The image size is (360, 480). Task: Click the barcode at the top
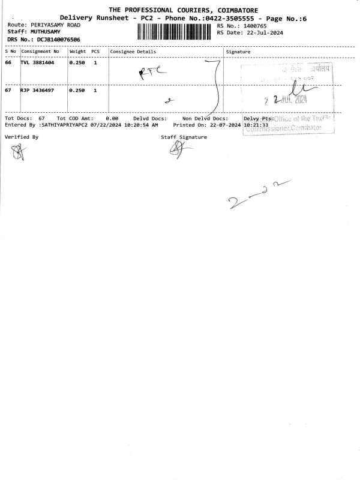point(175,31)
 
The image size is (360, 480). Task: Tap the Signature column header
point(238,52)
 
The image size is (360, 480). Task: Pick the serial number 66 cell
point(8,62)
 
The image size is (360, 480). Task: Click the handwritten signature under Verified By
point(16,154)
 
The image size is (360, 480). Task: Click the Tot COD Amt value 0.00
point(112,119)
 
